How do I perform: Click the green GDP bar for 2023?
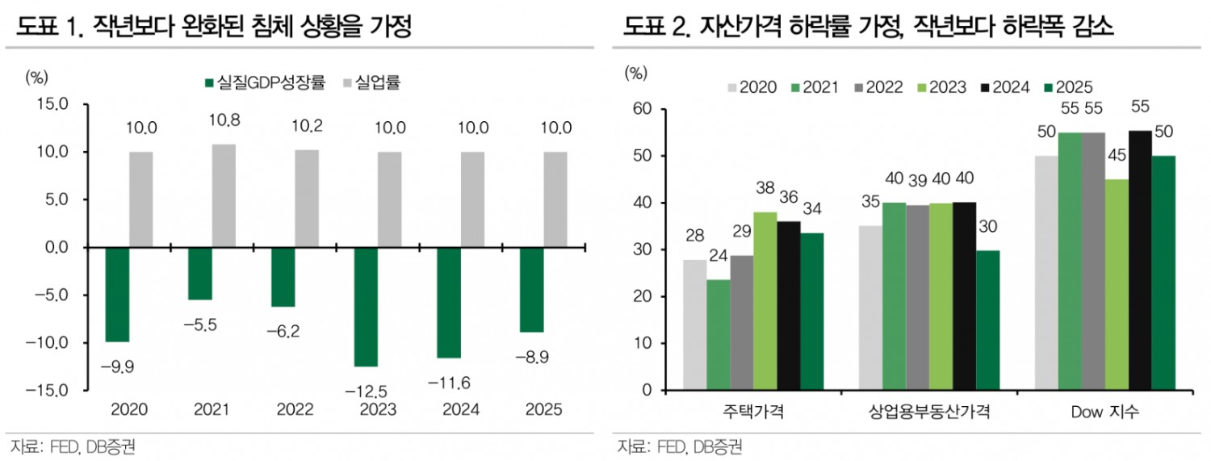click(x=366, y=307)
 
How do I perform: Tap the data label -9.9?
click(x=117, y=367)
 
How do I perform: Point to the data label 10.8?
click(x=224, y=120)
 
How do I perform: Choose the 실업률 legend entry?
click(x=373, y=82)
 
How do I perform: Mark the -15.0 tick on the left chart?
click(x=53, y=391)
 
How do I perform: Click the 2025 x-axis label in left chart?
click(x=543, y=410)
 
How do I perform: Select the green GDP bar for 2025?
click(x=531, y=290)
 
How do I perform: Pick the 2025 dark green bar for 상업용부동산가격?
click(x=988, y=320)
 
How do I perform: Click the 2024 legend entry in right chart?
click(x=1004, y=87)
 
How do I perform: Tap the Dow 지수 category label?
click(x=1105, y=413)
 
